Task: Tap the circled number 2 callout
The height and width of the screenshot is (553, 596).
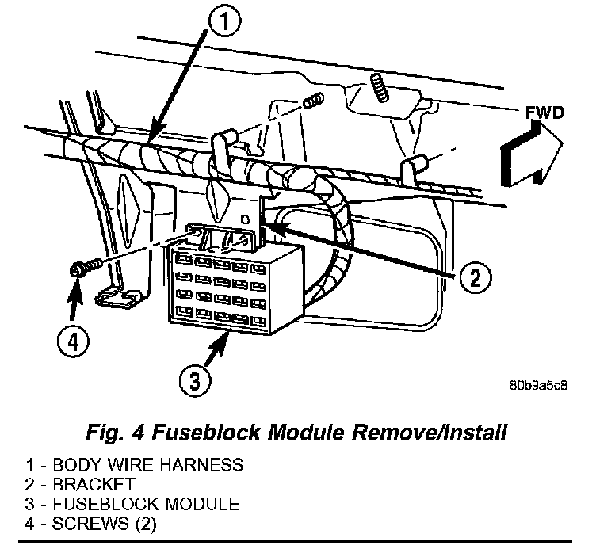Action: pyautogui.click(x=474, y=278)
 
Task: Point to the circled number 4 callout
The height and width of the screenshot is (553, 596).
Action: pyautogui.click(x=72, y=342)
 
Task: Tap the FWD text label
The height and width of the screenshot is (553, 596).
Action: pyautogui.click(x=544, y=113)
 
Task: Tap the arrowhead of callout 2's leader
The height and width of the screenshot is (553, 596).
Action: pyautogui.click(x=266, y=224)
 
